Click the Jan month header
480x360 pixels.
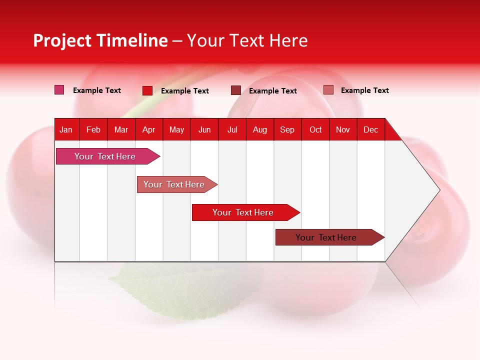(x=66, y=129)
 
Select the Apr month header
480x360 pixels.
(x=148, y=129)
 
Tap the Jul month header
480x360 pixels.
(x=232, y=129)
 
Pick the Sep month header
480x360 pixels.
(x=287, y=129)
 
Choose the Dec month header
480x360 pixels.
(x=370, y=129)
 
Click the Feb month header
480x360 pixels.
(x=93, y=129)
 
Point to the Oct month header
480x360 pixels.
(x=315, y=129)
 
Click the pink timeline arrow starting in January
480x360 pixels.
(x=105, y=156)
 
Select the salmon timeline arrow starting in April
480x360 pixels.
(x=174, y=184)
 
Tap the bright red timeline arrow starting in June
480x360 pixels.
(x=243, y=212)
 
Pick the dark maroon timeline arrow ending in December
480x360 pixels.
(x=326, y=237)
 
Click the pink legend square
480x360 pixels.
(x=59, y=90)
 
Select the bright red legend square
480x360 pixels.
(x=147, y=90)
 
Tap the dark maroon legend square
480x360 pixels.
(x=235, y=90)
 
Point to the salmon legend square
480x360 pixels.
(x=328, y=90)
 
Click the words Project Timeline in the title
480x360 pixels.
(x=100, y=40)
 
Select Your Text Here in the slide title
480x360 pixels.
(x=247, y=40)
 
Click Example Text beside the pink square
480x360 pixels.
(x=97, y=90)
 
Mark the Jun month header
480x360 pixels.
(x=204, y=129)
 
